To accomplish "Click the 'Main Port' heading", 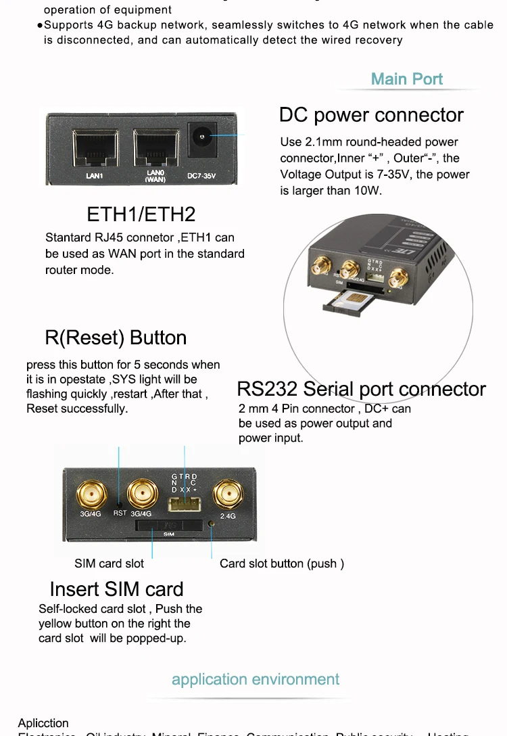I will coord(407,79).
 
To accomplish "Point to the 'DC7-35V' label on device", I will coord(201,177).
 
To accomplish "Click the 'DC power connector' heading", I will coord(371,115).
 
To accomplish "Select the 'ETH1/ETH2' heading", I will coord(141,214).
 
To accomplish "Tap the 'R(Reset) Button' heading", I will coord(116,338).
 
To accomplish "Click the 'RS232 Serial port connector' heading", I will coord(361,389).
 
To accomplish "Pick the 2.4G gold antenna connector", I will coord(227,495).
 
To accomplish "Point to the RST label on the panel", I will coord(120,513).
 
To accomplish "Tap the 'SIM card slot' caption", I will coord(109,563).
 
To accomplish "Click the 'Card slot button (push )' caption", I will coord(282,563).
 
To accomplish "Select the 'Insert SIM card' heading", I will coord(116,589).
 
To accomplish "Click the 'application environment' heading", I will coord(256,679).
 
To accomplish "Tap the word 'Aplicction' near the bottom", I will coord(43,723).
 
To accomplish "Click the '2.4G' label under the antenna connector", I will coord(228,516).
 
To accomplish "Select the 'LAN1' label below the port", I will coord(94,177).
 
